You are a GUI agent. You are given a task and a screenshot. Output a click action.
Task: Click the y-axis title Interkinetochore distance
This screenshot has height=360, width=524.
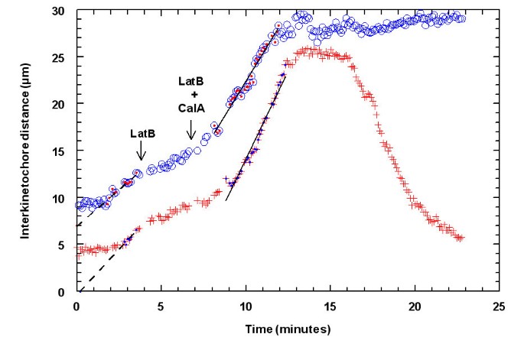(x=26, y=151)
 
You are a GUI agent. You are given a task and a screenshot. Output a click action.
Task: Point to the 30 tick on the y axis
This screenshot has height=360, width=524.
(x=63, y=11)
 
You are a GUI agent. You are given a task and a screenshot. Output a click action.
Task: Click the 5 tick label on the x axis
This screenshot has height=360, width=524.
(x=161, y=306)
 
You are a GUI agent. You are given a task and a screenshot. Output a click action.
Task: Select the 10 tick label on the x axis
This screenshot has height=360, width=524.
(x=246, y=306)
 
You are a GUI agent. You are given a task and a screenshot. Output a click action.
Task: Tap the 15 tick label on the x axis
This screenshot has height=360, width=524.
(x=330, y=306)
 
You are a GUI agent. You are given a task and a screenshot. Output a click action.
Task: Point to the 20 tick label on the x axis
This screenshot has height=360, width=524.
(x=415, y=306)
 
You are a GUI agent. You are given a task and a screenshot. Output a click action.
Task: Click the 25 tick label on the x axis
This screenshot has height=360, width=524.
(x=500, y=306)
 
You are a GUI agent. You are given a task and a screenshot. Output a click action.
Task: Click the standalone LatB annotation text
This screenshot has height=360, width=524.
(x=142, y=133)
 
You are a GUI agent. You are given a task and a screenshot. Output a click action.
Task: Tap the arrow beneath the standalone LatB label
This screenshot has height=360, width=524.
(x=141, y=153)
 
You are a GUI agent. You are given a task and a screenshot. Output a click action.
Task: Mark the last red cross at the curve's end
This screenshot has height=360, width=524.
(x=461, y=238)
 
